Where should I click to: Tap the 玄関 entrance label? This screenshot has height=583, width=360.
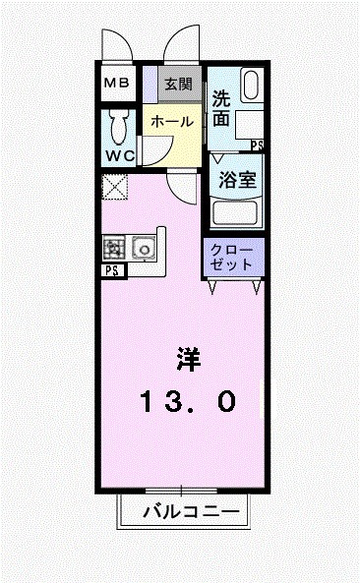pos(178,84)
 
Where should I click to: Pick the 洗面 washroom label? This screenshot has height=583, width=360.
pos(221,109)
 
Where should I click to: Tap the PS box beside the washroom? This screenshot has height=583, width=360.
pos(257,146)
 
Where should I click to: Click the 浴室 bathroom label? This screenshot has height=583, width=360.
pos(236,181)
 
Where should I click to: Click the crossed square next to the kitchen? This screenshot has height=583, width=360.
pos(114,186)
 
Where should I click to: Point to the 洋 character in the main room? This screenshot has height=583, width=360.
pos(188,357)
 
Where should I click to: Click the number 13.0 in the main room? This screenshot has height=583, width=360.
pos(188,400)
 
